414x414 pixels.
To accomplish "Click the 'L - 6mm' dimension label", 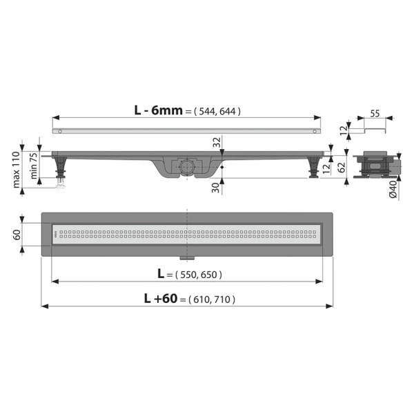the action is (158, 110).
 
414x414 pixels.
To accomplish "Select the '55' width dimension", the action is (375, 114).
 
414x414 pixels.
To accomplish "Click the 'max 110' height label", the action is (17, 170).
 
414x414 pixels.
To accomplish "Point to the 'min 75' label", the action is (34, 166).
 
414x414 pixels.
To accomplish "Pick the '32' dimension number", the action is (217, 142).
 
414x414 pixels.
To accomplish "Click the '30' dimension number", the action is (216, 188).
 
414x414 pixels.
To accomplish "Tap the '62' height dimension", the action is (342, 168).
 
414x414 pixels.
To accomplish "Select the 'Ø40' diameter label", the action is (393, 189).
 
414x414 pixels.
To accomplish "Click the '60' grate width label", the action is (17, 235).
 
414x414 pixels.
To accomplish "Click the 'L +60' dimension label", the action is (161, 299).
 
